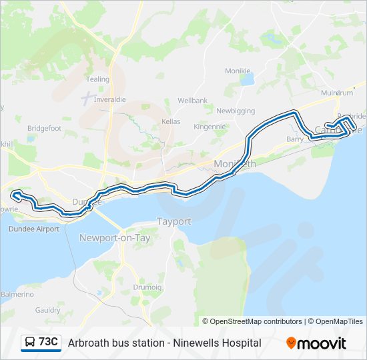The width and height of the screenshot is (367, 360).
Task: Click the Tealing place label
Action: coord(97,79)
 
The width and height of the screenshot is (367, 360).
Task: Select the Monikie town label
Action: coord(238,71)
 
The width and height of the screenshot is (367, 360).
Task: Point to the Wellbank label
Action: coord(192,101)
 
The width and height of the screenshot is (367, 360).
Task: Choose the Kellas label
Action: coord(171,121)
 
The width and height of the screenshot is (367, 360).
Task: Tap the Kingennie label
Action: coord(210,126)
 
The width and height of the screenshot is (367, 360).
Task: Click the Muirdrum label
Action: coord(336,94)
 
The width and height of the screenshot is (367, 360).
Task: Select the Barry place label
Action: coord(294,139)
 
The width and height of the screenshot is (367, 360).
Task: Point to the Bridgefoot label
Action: coord(45,128)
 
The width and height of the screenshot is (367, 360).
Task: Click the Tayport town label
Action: coord(173,221)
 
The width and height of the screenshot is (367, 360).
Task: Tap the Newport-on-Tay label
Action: coord(115,238)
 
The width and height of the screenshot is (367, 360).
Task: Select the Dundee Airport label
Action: coord(34,229)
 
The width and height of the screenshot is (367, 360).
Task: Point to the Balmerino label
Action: coord(17,294)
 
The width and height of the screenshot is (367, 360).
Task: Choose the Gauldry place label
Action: coord(47,310)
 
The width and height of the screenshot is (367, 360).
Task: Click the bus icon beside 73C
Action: coord(30,343)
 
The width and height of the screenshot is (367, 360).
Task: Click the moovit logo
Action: coord(316,343)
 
